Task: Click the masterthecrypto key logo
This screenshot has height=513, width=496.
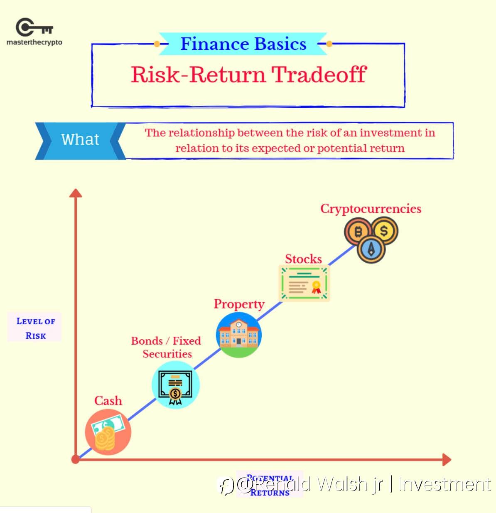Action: [x=34, y=28]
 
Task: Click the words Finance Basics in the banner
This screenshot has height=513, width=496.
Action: [x=243, y=44]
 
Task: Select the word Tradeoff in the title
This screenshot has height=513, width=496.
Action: [x=319, y=75]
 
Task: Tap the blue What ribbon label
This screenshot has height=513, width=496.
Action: [x=80, y=140]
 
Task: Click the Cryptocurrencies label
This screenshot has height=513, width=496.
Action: [x=371, y=209]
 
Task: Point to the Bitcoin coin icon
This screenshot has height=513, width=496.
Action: [x=358, y=232]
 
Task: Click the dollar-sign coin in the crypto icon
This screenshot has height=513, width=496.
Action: [x=384, y=230]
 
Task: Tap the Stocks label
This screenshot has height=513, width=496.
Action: [x=303, y=259]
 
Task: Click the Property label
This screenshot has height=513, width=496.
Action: [x=239, y=304]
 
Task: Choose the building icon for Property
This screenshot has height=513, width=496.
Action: [x=239, y=335]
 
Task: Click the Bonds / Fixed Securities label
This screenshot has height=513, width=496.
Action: [x=166, y=348]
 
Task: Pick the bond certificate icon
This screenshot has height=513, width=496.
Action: [x=175, y=385]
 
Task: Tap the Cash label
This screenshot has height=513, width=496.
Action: [x=108, y=401]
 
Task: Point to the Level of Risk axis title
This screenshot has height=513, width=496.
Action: [x=35, y=328]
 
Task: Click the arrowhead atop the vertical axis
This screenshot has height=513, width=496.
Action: [x=76, y=192]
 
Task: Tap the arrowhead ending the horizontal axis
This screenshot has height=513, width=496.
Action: [x=447, y=459]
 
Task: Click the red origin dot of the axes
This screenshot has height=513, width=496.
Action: [x=75, y=459]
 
